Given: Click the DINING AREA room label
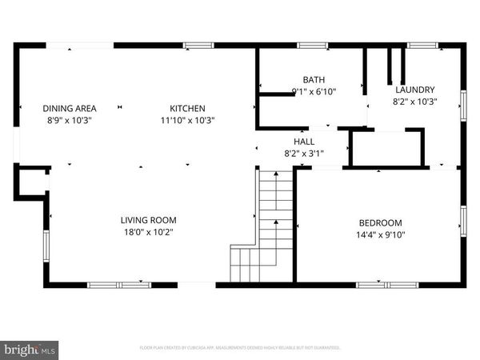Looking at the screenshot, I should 70,109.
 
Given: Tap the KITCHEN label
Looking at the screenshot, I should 187,109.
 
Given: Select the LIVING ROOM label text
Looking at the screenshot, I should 148,220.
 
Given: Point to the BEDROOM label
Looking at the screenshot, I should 380,222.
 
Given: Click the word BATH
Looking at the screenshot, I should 314,79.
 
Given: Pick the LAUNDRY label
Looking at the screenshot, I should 414,90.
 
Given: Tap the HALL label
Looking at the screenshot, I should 302,140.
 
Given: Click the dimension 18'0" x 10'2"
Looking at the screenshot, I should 148,232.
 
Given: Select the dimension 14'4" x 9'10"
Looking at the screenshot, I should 380,234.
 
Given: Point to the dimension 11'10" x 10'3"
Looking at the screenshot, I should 187,120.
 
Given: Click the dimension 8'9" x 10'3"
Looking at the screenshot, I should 70,120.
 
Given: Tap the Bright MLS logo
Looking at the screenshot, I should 30,349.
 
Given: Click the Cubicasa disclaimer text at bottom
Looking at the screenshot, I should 240,348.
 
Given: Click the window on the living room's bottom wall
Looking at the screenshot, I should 118,284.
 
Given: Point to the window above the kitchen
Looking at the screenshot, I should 198,46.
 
